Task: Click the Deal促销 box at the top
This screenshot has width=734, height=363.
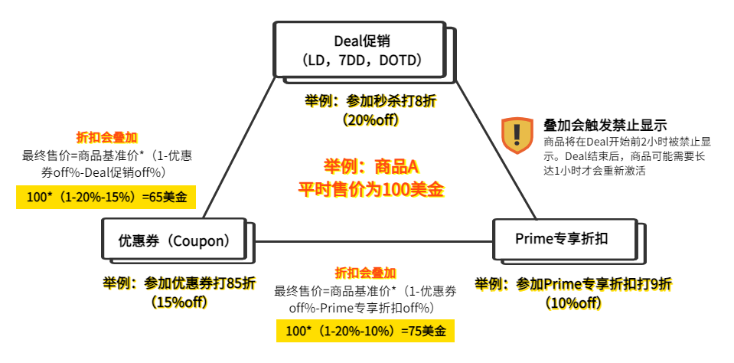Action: (359, 49)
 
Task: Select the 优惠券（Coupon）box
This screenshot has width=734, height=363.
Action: (175, 238)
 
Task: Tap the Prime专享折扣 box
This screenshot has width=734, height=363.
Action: (565, 240)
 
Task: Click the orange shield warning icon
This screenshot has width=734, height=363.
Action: (517, 136)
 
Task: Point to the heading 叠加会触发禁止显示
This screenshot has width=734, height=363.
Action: (605, 125)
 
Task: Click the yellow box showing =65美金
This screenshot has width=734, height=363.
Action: (106, 197)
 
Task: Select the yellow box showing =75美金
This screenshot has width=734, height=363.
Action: (365, 331)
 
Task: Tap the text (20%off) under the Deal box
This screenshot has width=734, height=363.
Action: (370, 119)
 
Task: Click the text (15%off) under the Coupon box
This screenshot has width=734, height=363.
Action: (178, 302)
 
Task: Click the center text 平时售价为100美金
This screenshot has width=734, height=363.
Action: (370, 190)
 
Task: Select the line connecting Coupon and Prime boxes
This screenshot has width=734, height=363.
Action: (370, 242)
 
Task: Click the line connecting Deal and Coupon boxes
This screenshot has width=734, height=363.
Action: (240, 148)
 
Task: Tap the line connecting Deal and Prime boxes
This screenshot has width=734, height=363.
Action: (497, 149)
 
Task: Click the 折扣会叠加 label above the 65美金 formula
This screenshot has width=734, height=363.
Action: (106, 137)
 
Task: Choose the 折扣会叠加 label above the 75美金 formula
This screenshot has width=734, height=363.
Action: (365, 272)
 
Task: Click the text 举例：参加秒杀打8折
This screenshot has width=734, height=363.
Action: (370, 100)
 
